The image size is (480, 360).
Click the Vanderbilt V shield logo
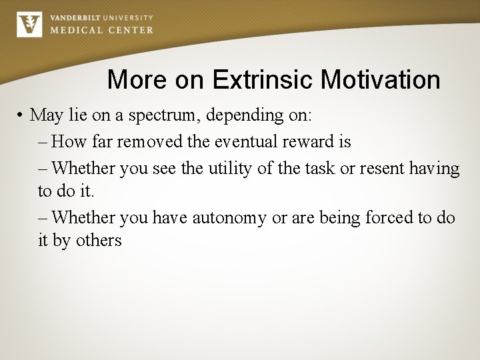pos(29,25)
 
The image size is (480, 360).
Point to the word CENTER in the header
pos(129,30)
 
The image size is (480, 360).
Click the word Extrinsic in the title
pos(263,80)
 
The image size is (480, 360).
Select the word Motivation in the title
pos(380,80)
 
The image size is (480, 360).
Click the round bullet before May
pos(22,115)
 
